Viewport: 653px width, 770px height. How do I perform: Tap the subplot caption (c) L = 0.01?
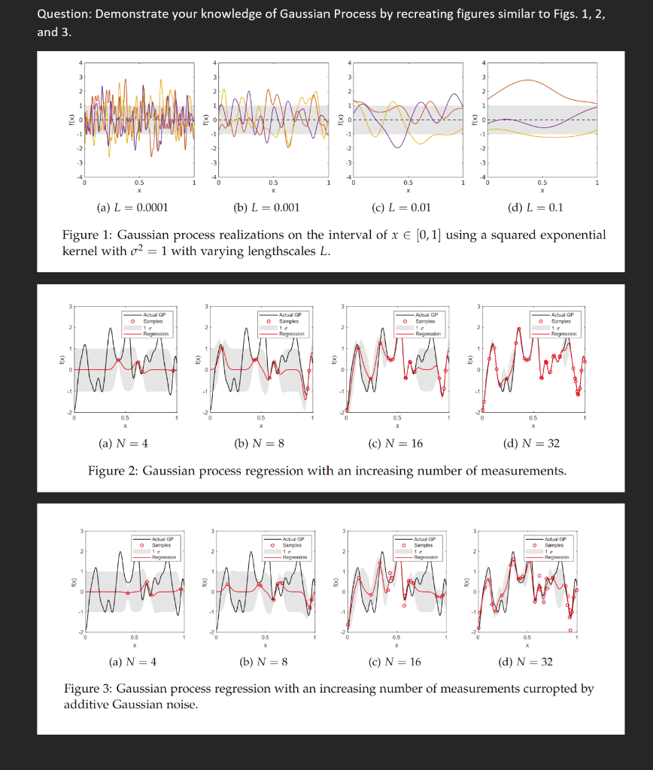pyautogui.click(x=402, y=208)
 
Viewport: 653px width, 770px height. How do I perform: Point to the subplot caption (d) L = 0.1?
pyautogui.click(x=536, y=208)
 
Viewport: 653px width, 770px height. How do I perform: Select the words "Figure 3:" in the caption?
pyautogui.click(x=88, y=689)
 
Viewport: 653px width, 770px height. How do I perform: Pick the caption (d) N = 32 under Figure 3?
pyautogui.click(x=525, y=662)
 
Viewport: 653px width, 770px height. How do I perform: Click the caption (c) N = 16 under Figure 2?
pyautogui.click(x=395, y=444)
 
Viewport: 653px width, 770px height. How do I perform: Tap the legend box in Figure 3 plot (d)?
pyautogui.click(x=553, y=547)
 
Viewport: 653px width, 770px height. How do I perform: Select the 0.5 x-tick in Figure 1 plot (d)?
pyautogui.click(x=542, y=182)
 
